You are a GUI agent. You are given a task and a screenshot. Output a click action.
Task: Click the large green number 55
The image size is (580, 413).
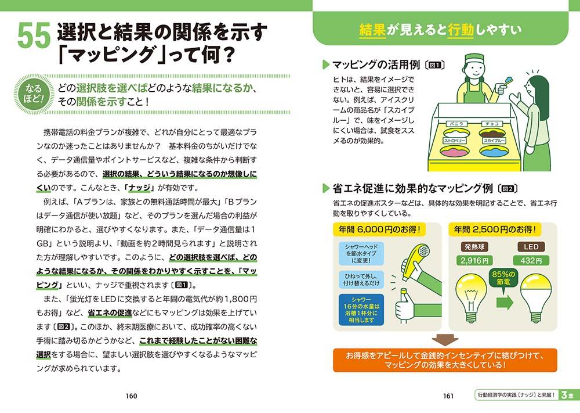coord(34,35)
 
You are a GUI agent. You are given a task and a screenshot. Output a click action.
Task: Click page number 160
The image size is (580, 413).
coord(131,396)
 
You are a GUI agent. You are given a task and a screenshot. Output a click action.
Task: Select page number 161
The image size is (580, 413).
coord(448,396)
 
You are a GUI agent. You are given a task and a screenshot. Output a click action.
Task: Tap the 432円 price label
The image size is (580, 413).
coord(531,261)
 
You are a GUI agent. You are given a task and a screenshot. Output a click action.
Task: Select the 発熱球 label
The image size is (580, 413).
coord(474,247)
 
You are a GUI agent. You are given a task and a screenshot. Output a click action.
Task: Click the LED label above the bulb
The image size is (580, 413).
coord(531,247)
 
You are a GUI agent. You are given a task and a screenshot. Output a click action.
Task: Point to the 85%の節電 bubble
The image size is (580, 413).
coord(503,278)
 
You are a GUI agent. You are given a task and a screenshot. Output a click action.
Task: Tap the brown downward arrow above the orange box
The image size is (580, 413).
coord(445,340)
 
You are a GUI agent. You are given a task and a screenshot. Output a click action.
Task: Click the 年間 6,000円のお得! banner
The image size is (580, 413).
coord(379,229)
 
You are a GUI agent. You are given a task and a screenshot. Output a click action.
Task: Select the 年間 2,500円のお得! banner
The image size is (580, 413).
coord(495,229)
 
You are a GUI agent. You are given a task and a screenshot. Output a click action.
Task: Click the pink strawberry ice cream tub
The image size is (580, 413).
coord(455,151)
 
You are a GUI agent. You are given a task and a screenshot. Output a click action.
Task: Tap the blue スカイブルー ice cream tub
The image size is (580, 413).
coord(494,151)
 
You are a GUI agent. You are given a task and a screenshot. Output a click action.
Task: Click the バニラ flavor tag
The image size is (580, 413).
coord(456,124)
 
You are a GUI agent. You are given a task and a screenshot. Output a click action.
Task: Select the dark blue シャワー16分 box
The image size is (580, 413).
coord(361,310)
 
